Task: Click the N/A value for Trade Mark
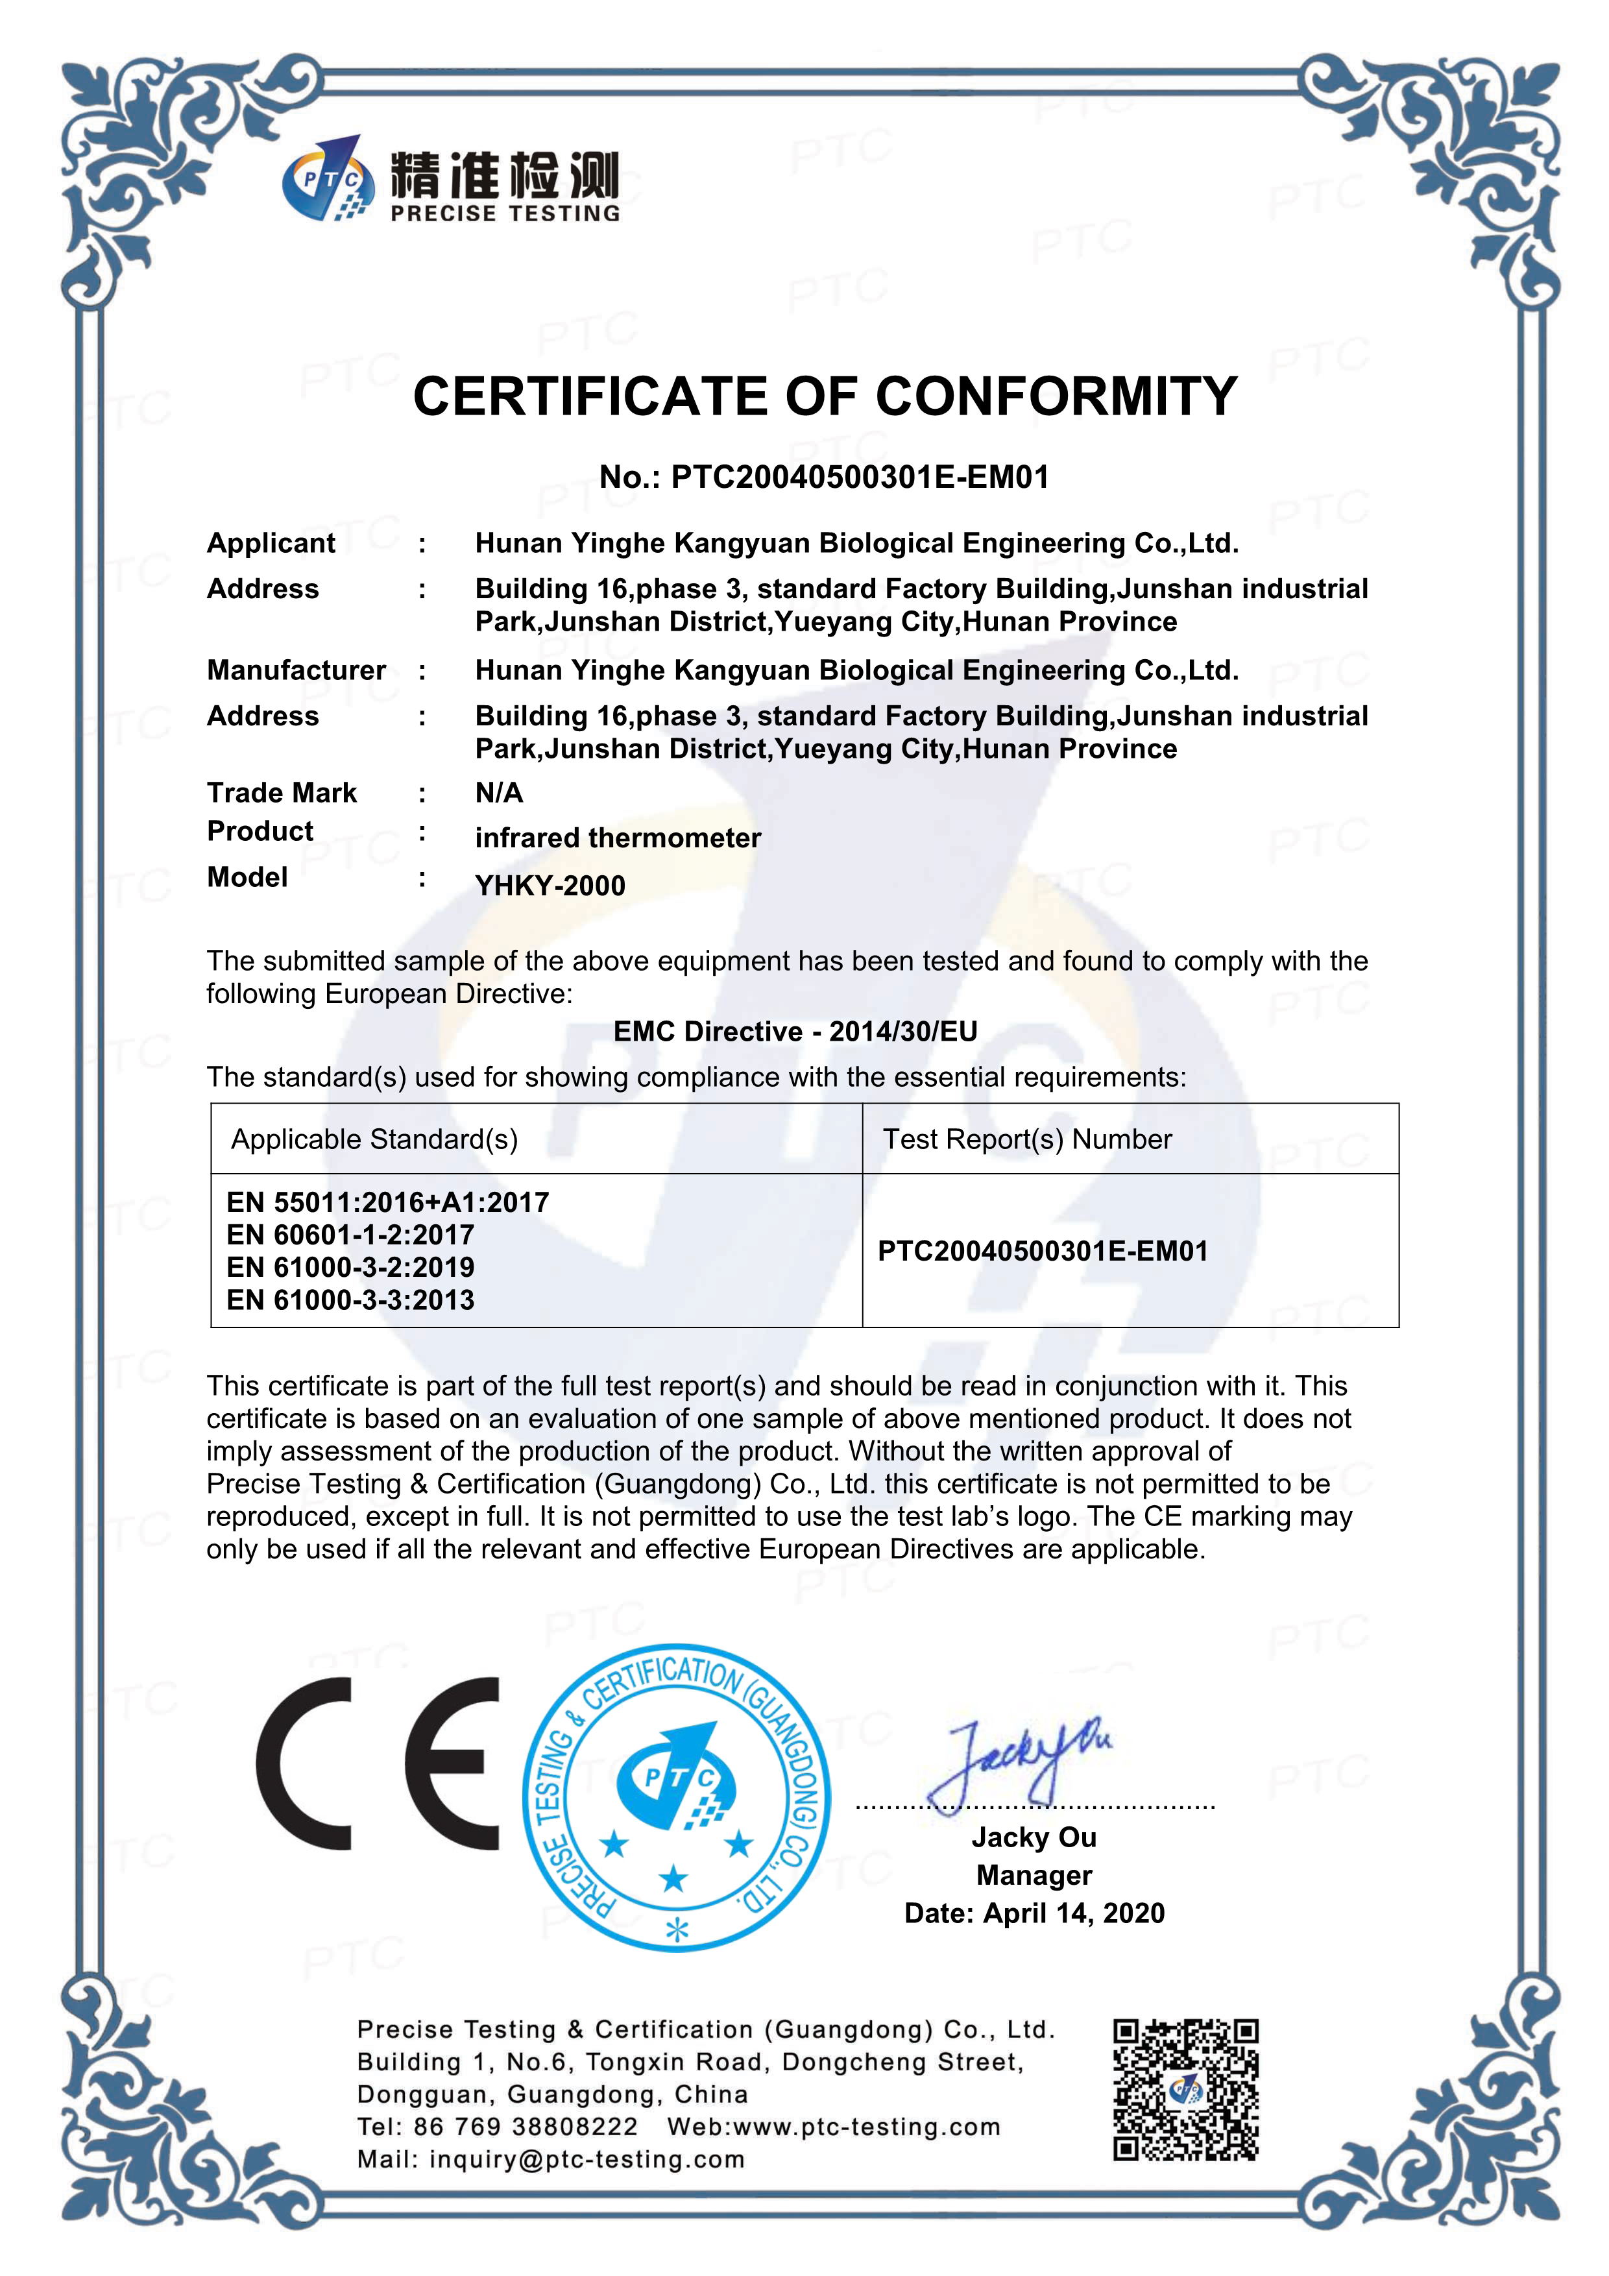499,792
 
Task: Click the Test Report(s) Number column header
1027,1139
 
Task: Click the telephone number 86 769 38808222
526,2126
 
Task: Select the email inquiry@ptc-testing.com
587,2159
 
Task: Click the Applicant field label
271,543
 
